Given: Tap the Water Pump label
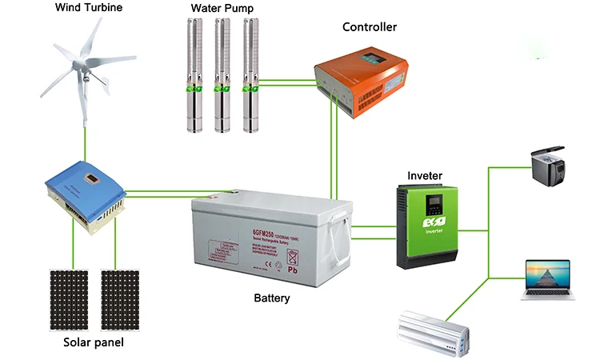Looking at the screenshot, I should tap(222, 9).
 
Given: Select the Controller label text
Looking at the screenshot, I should tap(369, 26).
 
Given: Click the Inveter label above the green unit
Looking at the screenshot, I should tap(425, 175).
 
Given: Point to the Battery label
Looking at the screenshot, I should tap(272, 298).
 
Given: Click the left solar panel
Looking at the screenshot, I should tap(69, 298).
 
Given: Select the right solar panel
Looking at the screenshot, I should tap(119, 298).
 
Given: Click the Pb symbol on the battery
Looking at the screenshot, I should tap(293, 270).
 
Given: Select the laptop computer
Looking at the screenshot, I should tap(548, 278).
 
